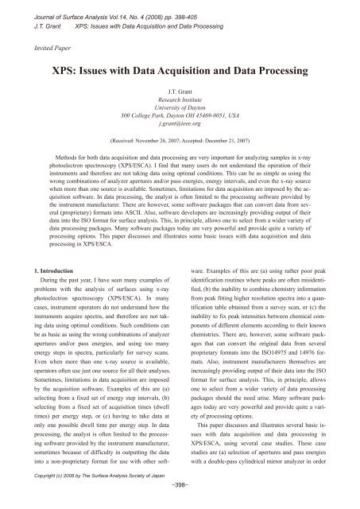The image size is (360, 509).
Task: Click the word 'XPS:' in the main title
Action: point(64,72)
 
